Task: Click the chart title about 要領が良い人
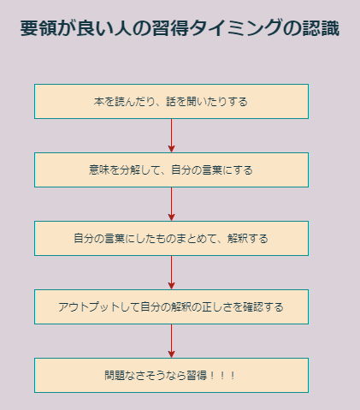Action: click(180, 28)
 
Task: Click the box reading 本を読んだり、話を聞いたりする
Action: click(171, 101)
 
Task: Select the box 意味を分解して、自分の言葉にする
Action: click(171, 169)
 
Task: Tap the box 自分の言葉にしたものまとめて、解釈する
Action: click(171, 238)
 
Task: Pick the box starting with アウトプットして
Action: click(171, 306)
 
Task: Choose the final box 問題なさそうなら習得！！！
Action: click(171, 375)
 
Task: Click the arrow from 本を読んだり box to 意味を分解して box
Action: click(171, 135)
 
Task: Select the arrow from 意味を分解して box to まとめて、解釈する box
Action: click(171, 204)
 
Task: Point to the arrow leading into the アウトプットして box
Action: click(171, 272)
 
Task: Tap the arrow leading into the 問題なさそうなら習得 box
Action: click(171, 341)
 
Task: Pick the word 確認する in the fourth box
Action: click(263, 306)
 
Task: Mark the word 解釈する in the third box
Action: click(248, 238)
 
